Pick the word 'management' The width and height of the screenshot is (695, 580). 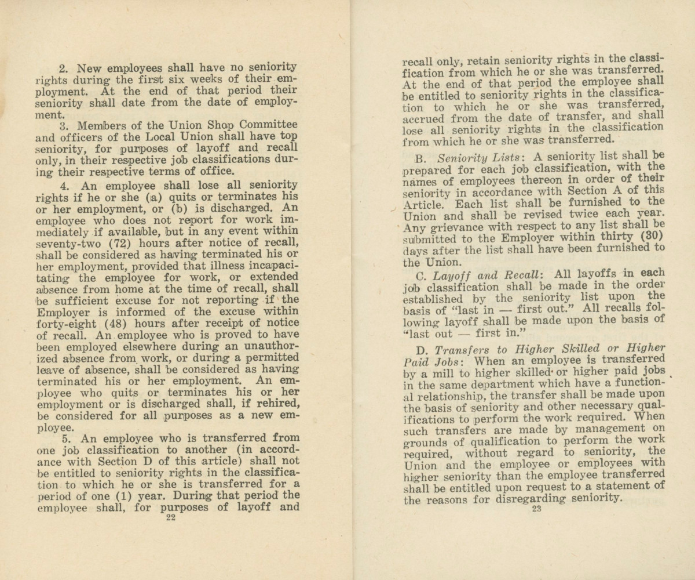point(598,429)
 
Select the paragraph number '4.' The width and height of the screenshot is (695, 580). point(65,186)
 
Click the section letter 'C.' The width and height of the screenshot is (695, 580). point(422,274)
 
